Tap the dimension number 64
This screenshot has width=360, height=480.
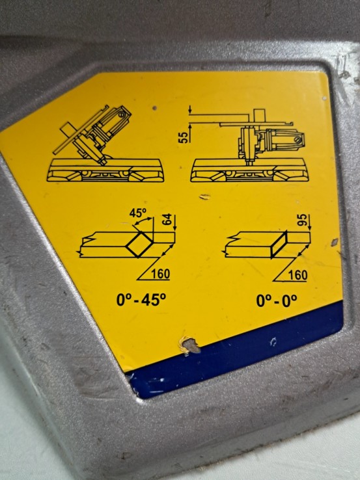pos(167,220)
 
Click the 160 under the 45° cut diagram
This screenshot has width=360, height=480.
pos(161,274)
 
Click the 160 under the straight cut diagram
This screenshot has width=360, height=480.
pos(298,275)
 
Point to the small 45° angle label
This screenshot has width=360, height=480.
pos(138,213)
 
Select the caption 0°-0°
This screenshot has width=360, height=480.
pos(277,300)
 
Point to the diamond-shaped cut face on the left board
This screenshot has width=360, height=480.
pos(139,244)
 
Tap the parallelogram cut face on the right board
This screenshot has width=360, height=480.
pos(279,245)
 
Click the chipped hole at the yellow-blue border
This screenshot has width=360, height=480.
pos(189,344)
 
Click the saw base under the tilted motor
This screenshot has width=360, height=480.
pos(105,170)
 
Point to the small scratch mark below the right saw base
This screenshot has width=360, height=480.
pos(205,196)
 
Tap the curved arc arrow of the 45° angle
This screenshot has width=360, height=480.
pos(144,221)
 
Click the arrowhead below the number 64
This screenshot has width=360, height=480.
pos(175,228)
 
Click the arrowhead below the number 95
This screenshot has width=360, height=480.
pos(309,228)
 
